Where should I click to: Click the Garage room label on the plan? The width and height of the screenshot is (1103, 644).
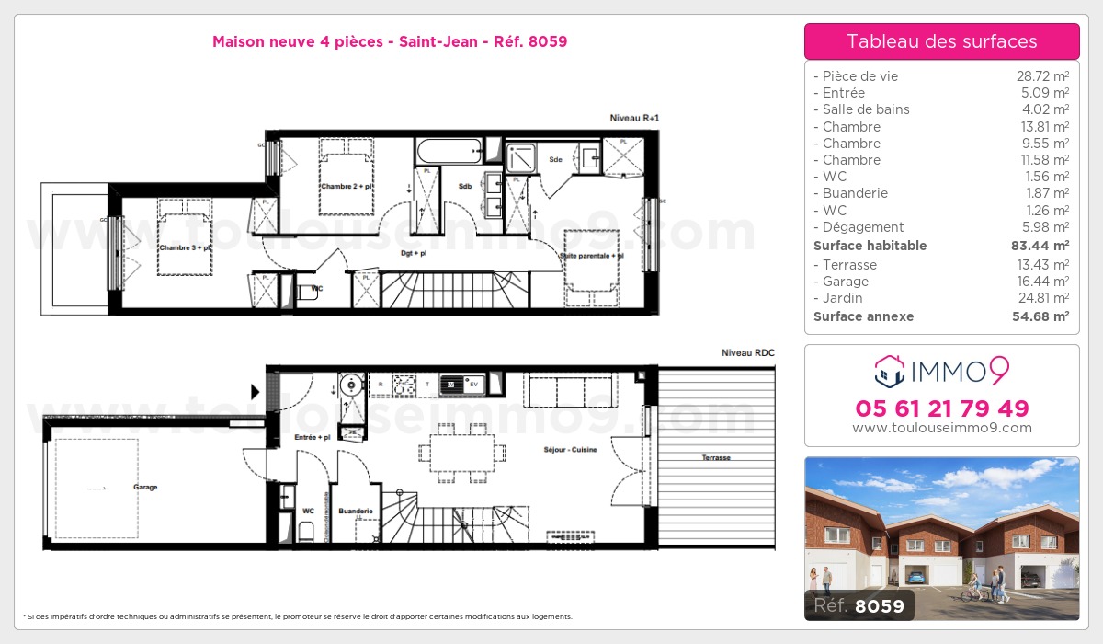click(x=144, y=487)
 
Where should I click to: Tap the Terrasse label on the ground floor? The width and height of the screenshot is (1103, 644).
click(x=715, y=457)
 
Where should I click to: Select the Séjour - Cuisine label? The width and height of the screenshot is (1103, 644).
click(x=570, y=450)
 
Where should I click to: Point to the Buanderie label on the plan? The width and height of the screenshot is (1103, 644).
click(x=356, y=511)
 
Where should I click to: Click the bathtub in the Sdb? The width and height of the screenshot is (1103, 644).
click(x=449, y=151)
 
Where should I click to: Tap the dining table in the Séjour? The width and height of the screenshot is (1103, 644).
click(x=461, y=452)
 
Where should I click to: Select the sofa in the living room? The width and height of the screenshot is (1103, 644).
click(x=570, y=390)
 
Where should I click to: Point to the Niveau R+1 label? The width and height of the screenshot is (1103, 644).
click(x=634, y=118)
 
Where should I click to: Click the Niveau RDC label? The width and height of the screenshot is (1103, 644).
click(x=747, y=352)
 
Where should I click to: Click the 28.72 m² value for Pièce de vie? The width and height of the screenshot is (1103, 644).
click(x=1041, y=76)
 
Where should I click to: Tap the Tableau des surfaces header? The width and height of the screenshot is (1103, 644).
click(x=941, y=41)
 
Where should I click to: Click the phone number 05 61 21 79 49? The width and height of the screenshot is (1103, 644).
click(x=941, y=408)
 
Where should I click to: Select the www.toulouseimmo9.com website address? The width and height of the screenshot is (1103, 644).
click(x=941, y=428)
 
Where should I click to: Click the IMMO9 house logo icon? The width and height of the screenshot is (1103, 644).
click(x=889, y=371)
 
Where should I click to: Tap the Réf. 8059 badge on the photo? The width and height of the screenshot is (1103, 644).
click(x=854, y=605)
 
